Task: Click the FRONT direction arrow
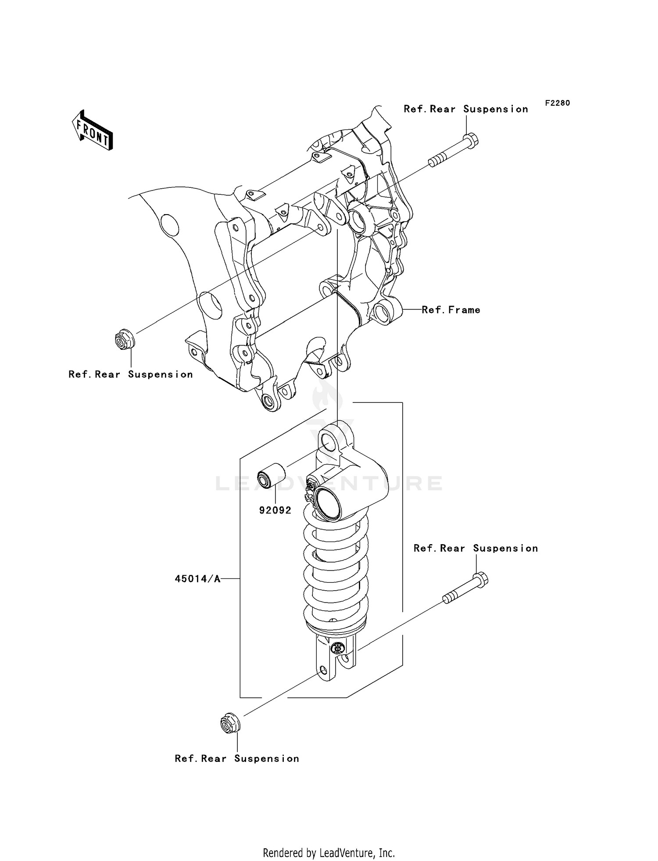(x=93, y=131)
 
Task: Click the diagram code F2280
(x=558, y=103)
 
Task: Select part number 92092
(x=275, y=510)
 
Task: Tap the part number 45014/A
(x=197, y=579)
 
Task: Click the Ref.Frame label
(x=451, y=310)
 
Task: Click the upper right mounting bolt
(x=454, y=152)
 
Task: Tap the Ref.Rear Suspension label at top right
(x=466, y=109)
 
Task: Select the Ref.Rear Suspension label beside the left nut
(x=131, y=374)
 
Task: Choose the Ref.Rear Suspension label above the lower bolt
(x=476, y=548)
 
